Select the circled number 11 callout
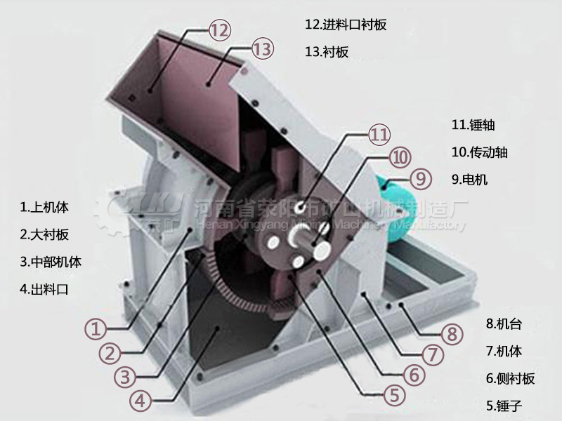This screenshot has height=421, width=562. [x=379, y=133]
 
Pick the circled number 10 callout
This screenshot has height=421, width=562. [x=400, y=157]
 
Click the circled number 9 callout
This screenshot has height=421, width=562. [x=420, y=178]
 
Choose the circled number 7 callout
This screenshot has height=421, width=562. [x=433, y=353]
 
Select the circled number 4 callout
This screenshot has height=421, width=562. [x=140, y=401]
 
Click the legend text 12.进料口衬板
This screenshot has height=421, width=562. [x=346, y=25]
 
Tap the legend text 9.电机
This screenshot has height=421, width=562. [x=469, y=179]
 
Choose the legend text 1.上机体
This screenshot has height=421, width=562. [x=45, y=207]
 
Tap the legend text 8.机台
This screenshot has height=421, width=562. [x=504, y=323]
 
